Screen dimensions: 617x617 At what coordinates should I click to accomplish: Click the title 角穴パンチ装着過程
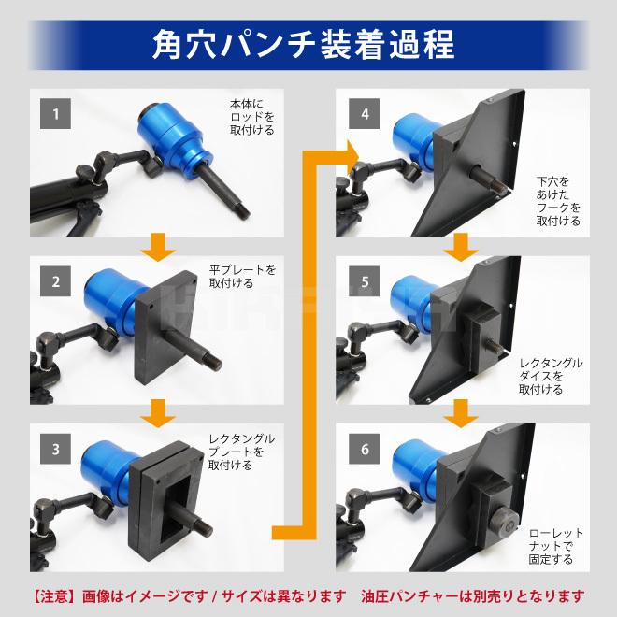308,45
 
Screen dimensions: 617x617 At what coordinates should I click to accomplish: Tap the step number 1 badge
56,116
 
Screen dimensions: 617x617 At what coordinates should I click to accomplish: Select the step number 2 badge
56,279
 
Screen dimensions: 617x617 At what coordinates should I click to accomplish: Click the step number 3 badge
56,448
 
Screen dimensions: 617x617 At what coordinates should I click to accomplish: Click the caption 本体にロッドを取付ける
251,116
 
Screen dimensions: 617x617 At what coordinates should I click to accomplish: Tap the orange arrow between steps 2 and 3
162,411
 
